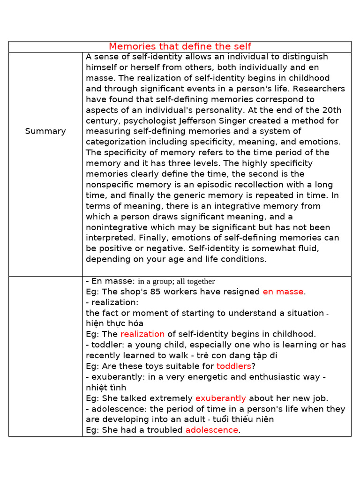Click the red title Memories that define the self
(180, 46)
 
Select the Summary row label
(45, 131)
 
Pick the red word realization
(142, 334)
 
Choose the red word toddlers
(233, 366)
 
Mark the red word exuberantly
(220, 398)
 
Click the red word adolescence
(211, 430)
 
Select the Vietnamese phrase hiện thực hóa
(115, 323)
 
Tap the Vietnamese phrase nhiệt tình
(106, 388)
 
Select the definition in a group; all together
(176, 281)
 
